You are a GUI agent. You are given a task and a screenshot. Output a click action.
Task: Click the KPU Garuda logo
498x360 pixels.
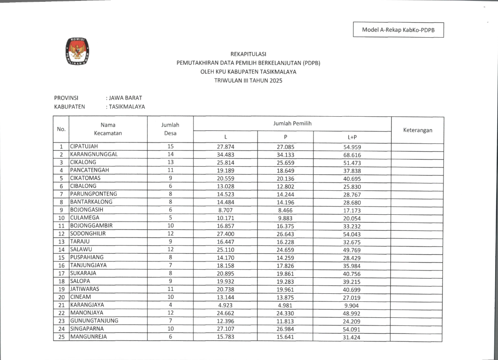(78, 51)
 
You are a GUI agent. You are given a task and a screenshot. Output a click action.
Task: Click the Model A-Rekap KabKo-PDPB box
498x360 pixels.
(398, 30)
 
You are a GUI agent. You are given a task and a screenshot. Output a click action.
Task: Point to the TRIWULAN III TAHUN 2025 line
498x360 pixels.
(248, 80)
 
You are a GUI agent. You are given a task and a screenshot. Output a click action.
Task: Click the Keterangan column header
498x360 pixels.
(417, 130)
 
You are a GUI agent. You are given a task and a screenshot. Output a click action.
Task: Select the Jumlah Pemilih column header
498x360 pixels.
(292, 123)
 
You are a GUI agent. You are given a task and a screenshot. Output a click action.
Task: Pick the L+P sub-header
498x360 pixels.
(352, 137)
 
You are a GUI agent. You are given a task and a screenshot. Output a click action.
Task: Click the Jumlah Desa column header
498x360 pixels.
(170, 129)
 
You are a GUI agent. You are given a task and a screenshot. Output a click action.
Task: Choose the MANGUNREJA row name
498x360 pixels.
(88, 337)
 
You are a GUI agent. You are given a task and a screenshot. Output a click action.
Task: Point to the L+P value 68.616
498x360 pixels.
(352, 155)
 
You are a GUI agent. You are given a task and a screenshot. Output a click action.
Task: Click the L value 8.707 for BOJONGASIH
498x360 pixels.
(225, 210)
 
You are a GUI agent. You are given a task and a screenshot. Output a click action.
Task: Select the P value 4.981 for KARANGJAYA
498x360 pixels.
(285, 305)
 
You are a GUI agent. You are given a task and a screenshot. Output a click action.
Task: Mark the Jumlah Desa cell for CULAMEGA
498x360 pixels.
(170, 217)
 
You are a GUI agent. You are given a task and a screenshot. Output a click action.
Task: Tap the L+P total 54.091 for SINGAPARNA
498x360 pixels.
(352, 329)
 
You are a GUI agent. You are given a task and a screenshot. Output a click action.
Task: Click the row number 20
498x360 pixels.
(60, 297)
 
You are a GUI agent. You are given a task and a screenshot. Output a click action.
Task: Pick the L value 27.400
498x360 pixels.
(225, 234)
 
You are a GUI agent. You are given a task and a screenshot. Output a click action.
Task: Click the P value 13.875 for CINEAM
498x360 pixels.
(285, 297)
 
